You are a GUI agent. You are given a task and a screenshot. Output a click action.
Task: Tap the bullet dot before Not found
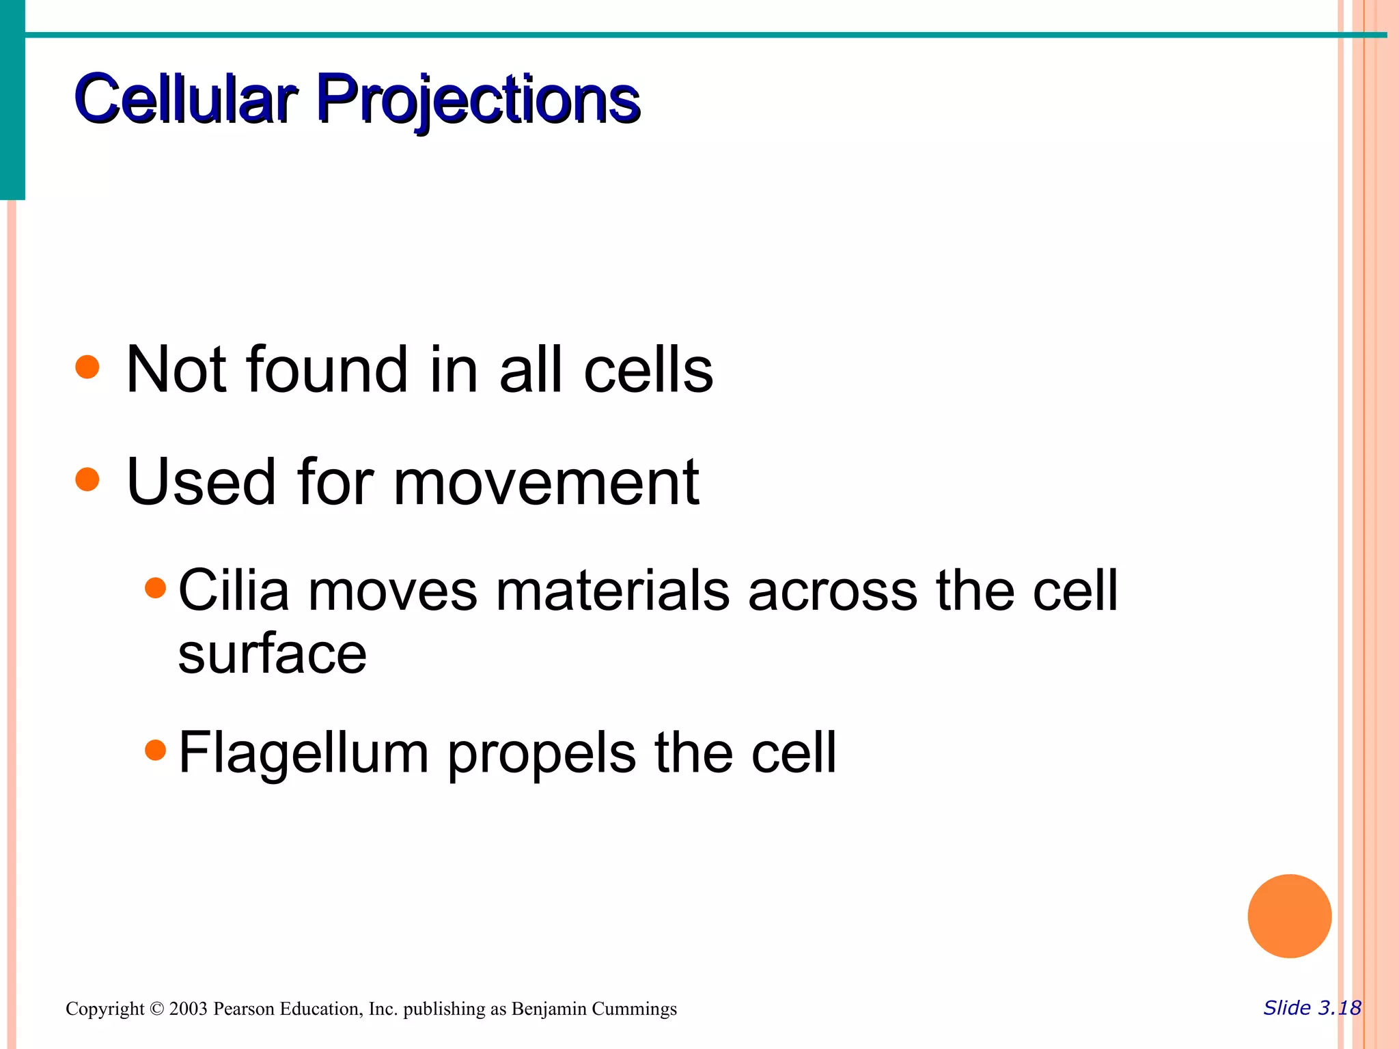coord(87,367)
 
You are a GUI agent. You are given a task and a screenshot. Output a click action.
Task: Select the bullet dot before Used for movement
coord(87,479)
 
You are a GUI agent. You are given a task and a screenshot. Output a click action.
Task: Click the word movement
coord(546,483)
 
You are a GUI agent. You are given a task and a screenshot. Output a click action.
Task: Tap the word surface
coord(272,654)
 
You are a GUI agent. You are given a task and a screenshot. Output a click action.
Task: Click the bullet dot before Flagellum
coord(156,750)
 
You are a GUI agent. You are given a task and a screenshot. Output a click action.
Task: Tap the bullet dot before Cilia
coord(156,587)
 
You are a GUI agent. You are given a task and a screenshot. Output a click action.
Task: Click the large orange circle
coord(1289,916)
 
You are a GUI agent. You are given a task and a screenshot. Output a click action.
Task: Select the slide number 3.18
coord(1340,1008)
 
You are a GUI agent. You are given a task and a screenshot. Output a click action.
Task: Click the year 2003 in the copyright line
coord(188,1009)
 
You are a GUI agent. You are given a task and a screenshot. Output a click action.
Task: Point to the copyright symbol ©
coord(157,1009)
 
